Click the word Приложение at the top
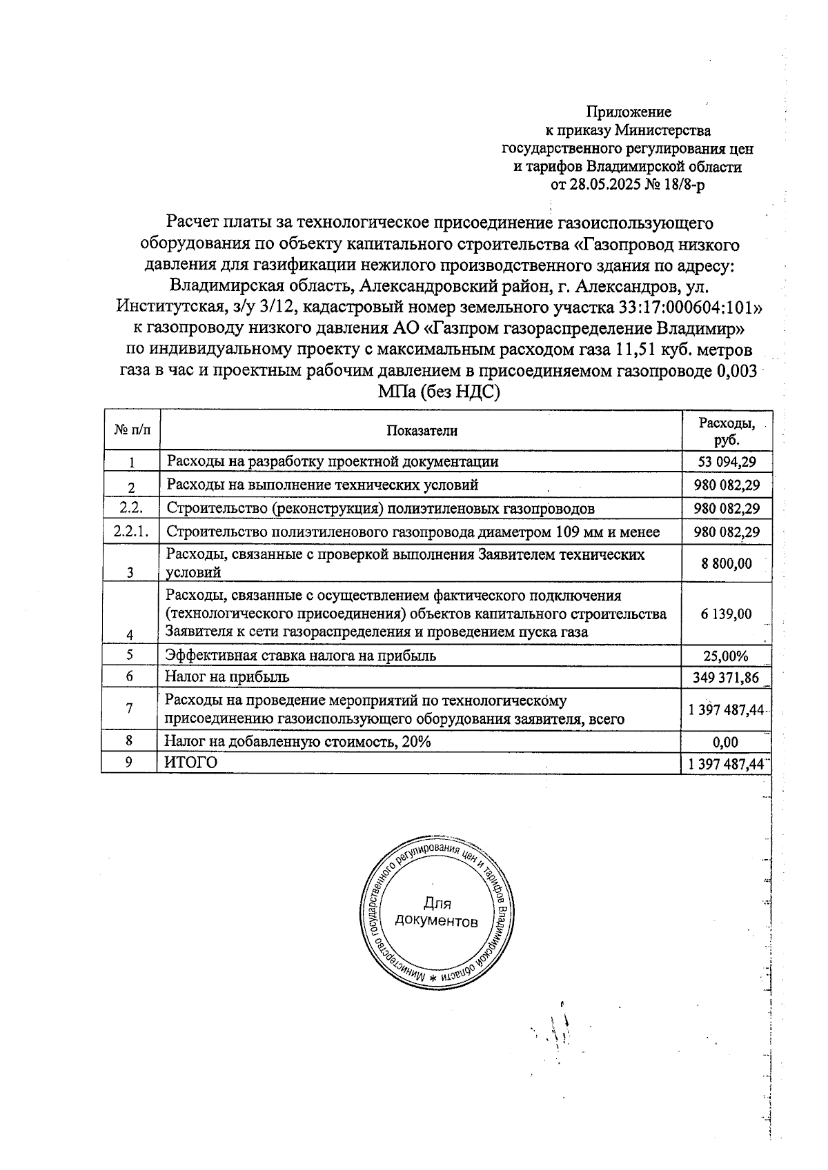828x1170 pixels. tap(628, 112)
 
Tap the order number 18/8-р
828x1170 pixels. tap(682, 185)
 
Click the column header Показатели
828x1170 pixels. tap(422, 431)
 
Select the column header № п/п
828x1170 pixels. tap(130, 430)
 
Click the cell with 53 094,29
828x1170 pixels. tap(726, 461)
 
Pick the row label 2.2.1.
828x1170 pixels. tap(130, 532)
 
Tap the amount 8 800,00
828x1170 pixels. tap(726, 563)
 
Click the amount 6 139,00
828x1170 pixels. tap(726, 614)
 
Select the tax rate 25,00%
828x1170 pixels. tap(726, 656)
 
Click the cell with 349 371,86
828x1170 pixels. tap(726, 678)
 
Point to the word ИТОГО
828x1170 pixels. tap(191, 763)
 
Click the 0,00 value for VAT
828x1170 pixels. tap(726, 742)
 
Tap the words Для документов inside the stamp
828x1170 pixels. tap(436, 912)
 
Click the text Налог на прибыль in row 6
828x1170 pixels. tap(227, 677)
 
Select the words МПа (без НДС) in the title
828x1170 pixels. tap(438, 392)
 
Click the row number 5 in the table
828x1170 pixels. tap(130, 655)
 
